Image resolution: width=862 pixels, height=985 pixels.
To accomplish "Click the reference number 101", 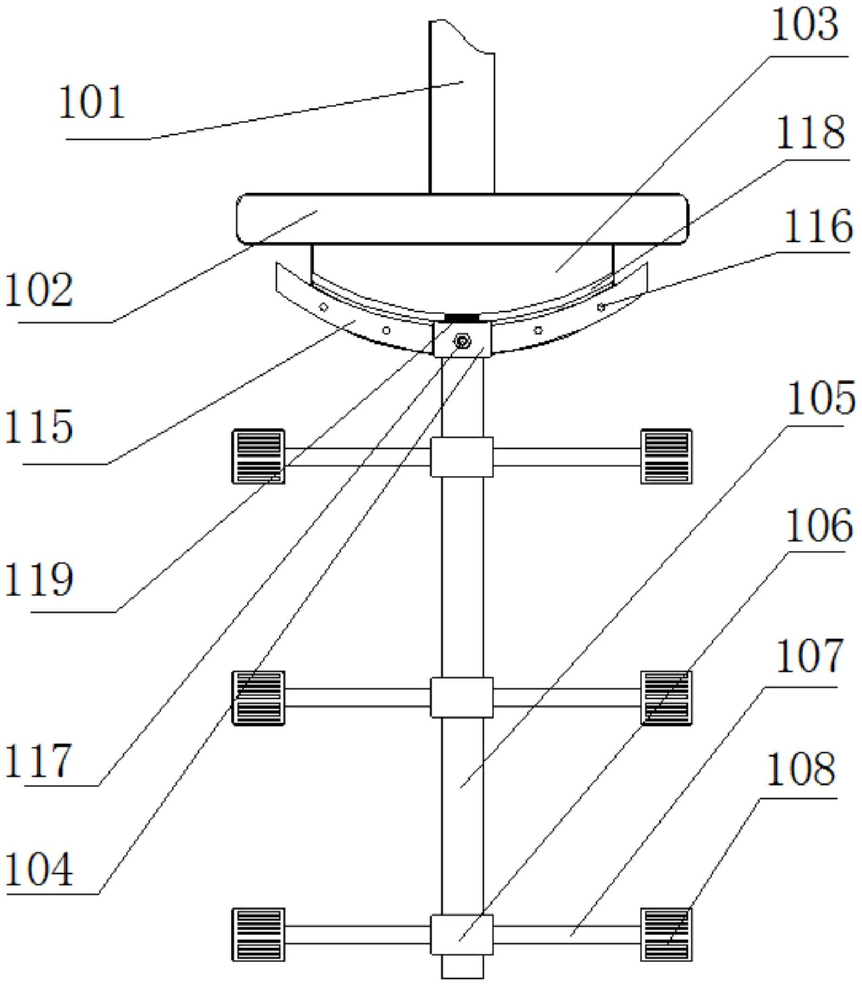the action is click(92, 102).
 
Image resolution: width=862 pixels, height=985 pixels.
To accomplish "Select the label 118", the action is click(810, 132).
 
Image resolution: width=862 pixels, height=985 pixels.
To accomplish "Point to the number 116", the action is click(817, 226).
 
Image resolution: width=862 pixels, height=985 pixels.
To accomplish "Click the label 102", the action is click(39, 290).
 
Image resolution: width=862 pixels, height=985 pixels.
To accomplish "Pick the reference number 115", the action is click(39, 427).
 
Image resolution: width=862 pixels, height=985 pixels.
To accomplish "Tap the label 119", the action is click(39, 580).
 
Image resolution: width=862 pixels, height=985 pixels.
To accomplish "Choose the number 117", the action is click(39, 760).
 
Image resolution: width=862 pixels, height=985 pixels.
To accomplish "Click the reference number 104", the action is click(39, 869).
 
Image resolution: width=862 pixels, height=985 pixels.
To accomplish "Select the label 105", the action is click(821, 398).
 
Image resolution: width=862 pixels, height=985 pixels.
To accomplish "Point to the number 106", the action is click(819, 526).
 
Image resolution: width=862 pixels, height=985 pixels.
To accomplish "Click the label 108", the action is click(801, 769).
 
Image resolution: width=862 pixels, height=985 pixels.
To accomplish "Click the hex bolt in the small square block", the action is click(462, 342).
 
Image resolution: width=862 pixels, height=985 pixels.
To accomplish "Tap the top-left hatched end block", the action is click(258, 456).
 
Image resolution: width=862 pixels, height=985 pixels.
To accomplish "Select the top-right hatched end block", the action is click(666, 456).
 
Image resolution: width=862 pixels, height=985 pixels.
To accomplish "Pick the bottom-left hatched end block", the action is click(258, 935).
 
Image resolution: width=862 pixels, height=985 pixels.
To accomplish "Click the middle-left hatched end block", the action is click(258, 698).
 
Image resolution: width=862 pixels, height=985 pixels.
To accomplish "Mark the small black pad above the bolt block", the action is click(462, 318).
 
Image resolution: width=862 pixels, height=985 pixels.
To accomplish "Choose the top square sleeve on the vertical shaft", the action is click(462, 457).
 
